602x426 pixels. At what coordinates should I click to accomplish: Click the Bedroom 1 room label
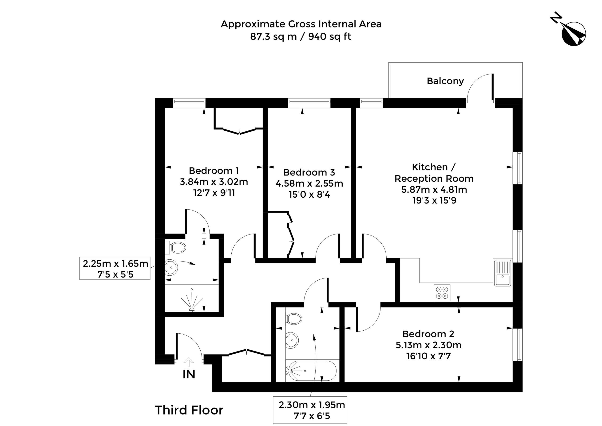coord(214,171)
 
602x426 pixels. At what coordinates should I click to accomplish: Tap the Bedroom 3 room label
coord(309,172)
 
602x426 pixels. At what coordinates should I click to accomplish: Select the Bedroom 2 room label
coord(428,334)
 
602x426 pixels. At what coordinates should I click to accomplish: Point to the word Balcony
coord(445,81)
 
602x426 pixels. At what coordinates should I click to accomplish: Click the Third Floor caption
coord(189,410)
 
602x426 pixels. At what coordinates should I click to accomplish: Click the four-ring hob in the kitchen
coord(442,293)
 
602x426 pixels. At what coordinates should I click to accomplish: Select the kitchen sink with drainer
coord(503,273)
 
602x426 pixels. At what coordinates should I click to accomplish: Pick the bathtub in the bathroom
coord(311,371)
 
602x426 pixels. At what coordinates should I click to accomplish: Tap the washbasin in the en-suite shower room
coord(171,268)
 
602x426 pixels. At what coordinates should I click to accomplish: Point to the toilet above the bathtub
coord(294,319)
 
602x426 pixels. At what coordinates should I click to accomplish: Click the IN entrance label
coord(189,375)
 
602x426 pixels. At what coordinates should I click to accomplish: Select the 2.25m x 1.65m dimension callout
coord(115,269)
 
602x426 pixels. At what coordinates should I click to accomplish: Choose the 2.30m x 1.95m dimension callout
coord(310,410)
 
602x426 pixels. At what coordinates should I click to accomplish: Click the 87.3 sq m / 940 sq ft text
coord(301,36)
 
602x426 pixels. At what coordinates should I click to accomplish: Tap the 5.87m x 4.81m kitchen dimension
coord(434,189)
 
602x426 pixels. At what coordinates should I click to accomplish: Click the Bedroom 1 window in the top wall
coord(189,103)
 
